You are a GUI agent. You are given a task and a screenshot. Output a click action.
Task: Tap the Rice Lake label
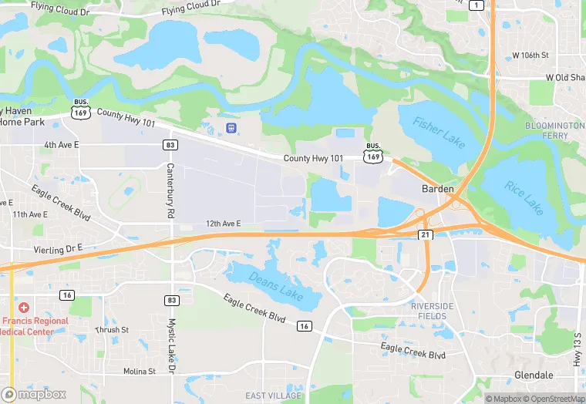524,197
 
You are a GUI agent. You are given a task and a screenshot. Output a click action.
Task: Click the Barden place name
436,188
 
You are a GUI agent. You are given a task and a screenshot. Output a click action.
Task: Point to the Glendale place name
534,375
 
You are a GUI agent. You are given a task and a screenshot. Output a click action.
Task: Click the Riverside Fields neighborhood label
432,311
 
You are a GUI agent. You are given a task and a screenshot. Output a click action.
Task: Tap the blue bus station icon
231,127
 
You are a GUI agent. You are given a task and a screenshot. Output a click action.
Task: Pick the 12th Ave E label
223,224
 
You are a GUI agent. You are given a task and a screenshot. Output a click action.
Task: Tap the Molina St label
140,371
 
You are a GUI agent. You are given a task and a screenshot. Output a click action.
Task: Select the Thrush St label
108,330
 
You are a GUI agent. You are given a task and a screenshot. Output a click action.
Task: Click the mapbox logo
34,394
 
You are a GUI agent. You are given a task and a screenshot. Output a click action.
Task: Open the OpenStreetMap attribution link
554,399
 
